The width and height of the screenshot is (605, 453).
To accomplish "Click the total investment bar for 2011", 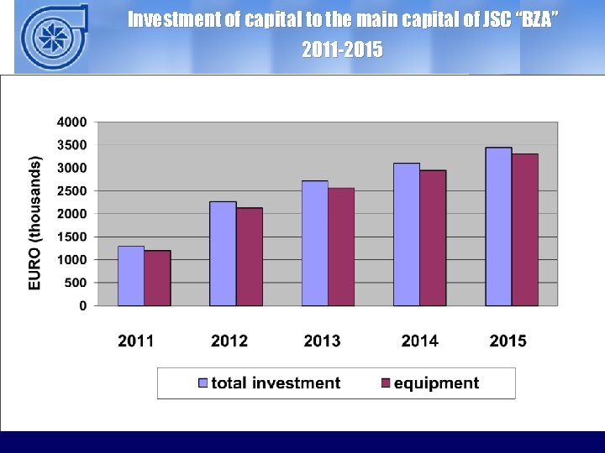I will (131, 276).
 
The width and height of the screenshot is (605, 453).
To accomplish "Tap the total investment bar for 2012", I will (223, 253).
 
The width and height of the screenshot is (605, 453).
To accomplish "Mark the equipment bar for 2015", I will (525, 230).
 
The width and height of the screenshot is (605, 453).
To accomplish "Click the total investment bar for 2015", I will (498, 226).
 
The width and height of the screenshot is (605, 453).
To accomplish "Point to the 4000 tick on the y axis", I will (71, 122).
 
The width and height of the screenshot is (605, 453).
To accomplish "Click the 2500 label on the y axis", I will (71, 191).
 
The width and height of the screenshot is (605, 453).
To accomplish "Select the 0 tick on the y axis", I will (82, 306).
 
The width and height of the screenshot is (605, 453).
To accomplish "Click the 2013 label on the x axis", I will (323, 341).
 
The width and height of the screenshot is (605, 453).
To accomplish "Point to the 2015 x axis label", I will (508, 341).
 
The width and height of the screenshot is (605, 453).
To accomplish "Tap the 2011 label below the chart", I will (136, 341).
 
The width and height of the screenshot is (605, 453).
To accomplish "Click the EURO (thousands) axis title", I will (35, 222).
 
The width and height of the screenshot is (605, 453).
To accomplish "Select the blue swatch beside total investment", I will (203, 383).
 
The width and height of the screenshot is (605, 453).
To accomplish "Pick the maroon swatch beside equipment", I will (386, 383).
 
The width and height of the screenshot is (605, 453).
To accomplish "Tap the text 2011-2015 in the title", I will (342, 51).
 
